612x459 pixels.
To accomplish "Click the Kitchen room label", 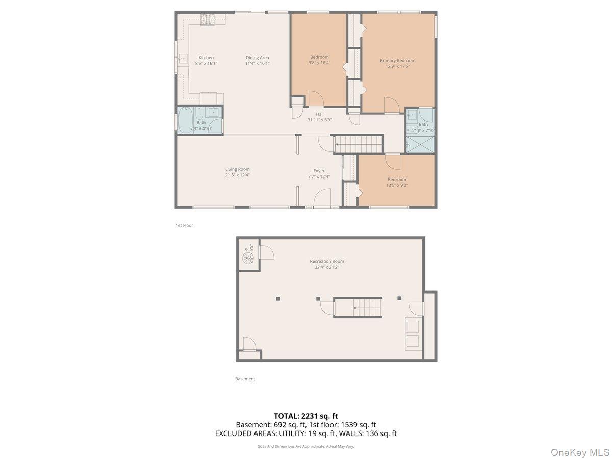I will (x=206, y=58).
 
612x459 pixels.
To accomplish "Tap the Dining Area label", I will (x=257, y=58).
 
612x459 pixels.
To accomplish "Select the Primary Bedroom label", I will (x=397, y=60).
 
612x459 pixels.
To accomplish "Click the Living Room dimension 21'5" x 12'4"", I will (x=237, y=175).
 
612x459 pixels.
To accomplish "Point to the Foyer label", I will (x=319, y=171).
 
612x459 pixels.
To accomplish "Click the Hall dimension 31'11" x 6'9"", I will (x=319, y=120).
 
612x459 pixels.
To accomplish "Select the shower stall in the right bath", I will (x=420, y=144).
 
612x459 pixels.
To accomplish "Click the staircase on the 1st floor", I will (x=358, y=144).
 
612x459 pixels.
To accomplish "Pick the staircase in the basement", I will (x=358, y=308).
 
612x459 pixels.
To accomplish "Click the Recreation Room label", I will (x=327, y=261).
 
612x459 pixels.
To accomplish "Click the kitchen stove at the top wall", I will (x=208, y=19).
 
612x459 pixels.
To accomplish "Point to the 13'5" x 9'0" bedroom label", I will (x=397, y=179).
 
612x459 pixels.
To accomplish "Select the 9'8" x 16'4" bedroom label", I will (x=319, y=57).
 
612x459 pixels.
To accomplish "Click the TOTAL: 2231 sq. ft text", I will (x=305, y=416).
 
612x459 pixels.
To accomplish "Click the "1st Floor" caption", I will (x=184, y=225).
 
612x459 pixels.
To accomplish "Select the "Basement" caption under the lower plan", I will (x=245, y=379).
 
